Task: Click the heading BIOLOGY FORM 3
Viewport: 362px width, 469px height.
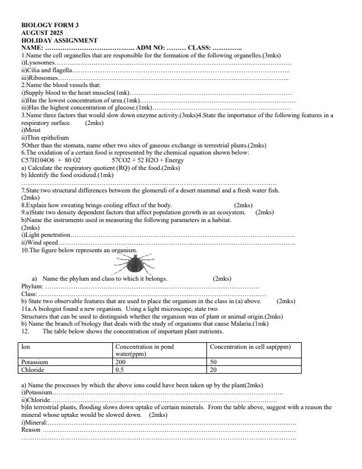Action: point(50,25)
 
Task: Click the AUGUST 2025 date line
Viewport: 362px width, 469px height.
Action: point(41,33)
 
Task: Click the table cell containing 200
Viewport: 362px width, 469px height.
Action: point(121,361)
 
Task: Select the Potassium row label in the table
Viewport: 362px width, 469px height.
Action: point(34,361)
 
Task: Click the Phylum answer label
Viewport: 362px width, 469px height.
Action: point(32,286)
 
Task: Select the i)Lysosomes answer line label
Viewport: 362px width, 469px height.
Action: point(38,62)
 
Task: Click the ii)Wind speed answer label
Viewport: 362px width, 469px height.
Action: point(40,242)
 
